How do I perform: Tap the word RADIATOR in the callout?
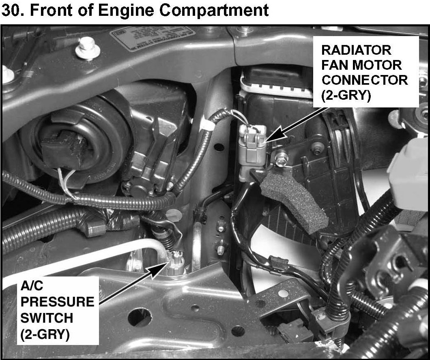tap(356, 50)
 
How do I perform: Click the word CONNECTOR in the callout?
tap(365, 80)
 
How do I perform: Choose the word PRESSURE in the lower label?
tap(57, 302)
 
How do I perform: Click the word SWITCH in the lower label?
tap(47, 318)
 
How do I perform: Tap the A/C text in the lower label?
tap(32, 286)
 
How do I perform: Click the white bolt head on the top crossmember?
tap(87, 49)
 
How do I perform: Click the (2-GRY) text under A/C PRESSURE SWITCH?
tap(45, 334)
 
